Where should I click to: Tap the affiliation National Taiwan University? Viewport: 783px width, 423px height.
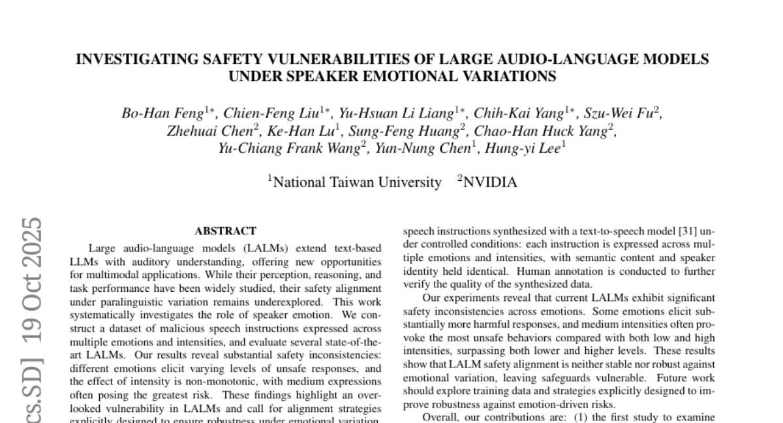coord(357,183)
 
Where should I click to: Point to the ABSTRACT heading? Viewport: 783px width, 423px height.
coord(225,231)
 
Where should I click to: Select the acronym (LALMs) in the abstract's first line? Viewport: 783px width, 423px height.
coord(242,248)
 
